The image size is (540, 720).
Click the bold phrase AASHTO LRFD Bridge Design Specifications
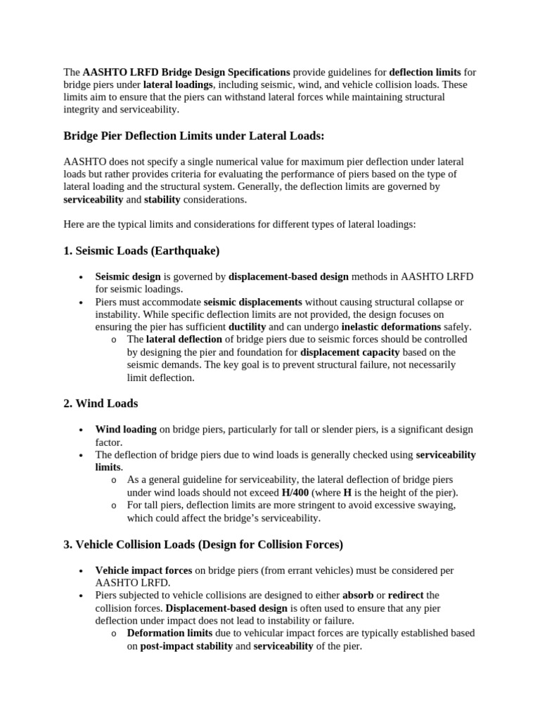pyautogui.click(x=186, y=72)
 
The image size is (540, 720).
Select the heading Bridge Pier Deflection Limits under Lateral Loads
pyautogui.click(x=194, y=135)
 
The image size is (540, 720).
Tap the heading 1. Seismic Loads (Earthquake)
pyautogui.click(x=142, y=250)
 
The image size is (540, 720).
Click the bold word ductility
pyautogui.click(x=247, y=327)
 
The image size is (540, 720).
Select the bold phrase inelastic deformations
pyautogui.click(x=391, y=327)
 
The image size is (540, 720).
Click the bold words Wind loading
pyautogui.click(x=126, y=429)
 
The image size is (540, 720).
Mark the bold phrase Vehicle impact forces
pyautogui.click(x=143, y=570)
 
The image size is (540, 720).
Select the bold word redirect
pyautogui.click(x=406, y=596)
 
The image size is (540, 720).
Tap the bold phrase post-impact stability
pyautogui.click(x=186, y=646)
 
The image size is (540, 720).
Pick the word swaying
pyautogui.click(x=437, y=506)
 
